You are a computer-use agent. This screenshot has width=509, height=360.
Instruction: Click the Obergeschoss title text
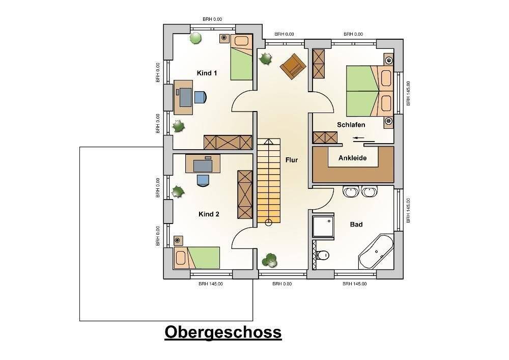223,332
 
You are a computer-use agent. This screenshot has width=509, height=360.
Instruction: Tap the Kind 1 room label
207,73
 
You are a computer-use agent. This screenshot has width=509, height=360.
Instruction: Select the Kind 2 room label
209,214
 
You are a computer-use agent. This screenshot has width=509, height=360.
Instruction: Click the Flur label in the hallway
292,160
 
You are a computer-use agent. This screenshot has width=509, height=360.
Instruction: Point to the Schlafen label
351,125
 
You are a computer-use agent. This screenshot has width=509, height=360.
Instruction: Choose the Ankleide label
353,158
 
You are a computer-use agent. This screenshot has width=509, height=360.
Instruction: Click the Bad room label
356,224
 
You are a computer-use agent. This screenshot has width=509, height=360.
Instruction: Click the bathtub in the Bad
376,252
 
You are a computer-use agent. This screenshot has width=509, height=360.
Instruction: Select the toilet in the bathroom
322,255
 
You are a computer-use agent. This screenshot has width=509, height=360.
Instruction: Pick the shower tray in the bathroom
323,226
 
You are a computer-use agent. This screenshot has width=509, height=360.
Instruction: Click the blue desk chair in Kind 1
200,96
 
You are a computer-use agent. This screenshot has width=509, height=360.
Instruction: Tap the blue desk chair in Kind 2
203,179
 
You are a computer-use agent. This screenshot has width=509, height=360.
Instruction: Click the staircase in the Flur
268,181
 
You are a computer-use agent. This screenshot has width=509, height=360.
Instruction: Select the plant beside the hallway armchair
265,59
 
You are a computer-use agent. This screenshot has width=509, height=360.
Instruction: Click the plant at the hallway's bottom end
269,260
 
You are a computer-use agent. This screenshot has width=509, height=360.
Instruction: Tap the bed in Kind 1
241,58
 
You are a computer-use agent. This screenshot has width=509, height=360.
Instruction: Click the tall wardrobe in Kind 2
245,194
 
